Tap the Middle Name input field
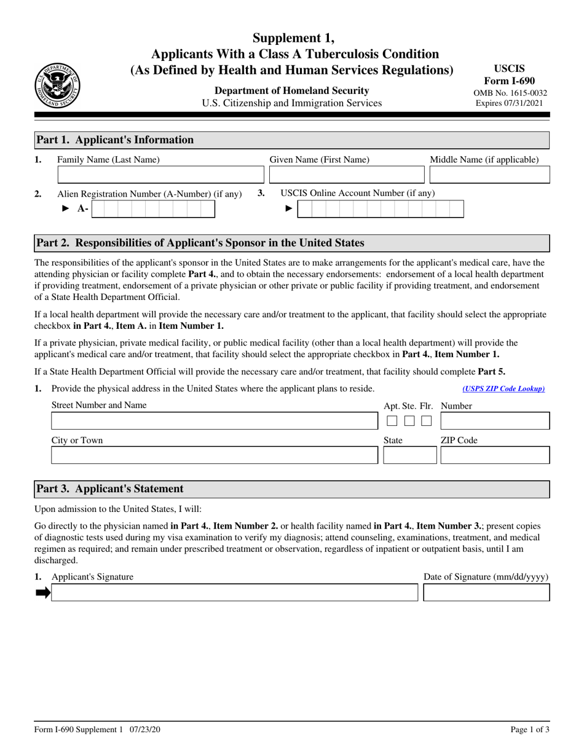[x=489, y=176]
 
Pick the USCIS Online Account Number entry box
[x=381, y=210]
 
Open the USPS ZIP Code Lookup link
[x=503, y=388]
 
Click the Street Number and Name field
[x=213, y=421]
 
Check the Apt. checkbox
[x=392, y=422]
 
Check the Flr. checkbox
[x=426, y=422]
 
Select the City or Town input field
[x=213, y=455]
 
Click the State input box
[x=409, y=455]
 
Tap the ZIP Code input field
[x=495, y=455]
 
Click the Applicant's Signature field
[x=234, y=593]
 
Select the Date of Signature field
[x=486, y=593]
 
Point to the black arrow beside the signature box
[x=42, y=593]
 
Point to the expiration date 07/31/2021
[x=510, y=103]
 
